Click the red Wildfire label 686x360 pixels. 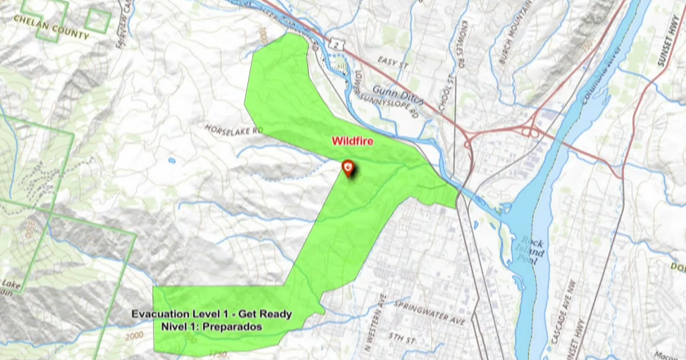[352, 141]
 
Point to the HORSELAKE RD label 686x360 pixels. [234, 130]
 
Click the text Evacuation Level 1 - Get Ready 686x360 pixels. [211, 314]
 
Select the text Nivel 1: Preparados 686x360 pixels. [211, 327]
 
